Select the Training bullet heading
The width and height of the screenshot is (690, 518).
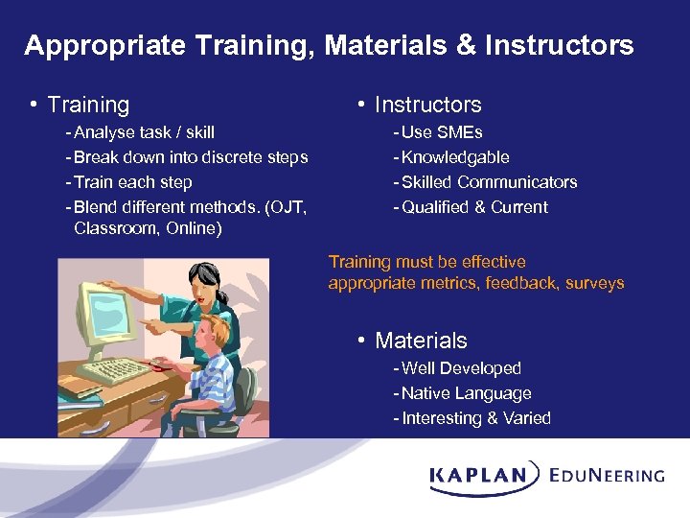[88, 105]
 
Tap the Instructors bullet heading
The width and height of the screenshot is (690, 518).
[427, 105]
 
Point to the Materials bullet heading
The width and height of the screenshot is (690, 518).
[421, 341]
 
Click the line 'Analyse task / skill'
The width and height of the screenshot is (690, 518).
[144, 132]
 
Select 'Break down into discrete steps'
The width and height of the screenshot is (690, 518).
[190, 157]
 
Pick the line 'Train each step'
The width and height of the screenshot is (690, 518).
[132, 182]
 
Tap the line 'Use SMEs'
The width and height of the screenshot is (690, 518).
[442, 132]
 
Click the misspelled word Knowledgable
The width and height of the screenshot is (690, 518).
[455, 157]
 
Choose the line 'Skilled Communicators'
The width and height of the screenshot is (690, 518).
[489, 182]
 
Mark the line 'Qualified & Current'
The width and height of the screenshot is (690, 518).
[474, 207]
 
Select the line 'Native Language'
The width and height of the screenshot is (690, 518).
[466, 393]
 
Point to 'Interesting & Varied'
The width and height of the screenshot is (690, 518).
[476, 418]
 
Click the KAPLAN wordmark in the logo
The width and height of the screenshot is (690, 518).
[479, 474]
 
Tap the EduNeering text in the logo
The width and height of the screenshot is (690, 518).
[607, 474]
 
